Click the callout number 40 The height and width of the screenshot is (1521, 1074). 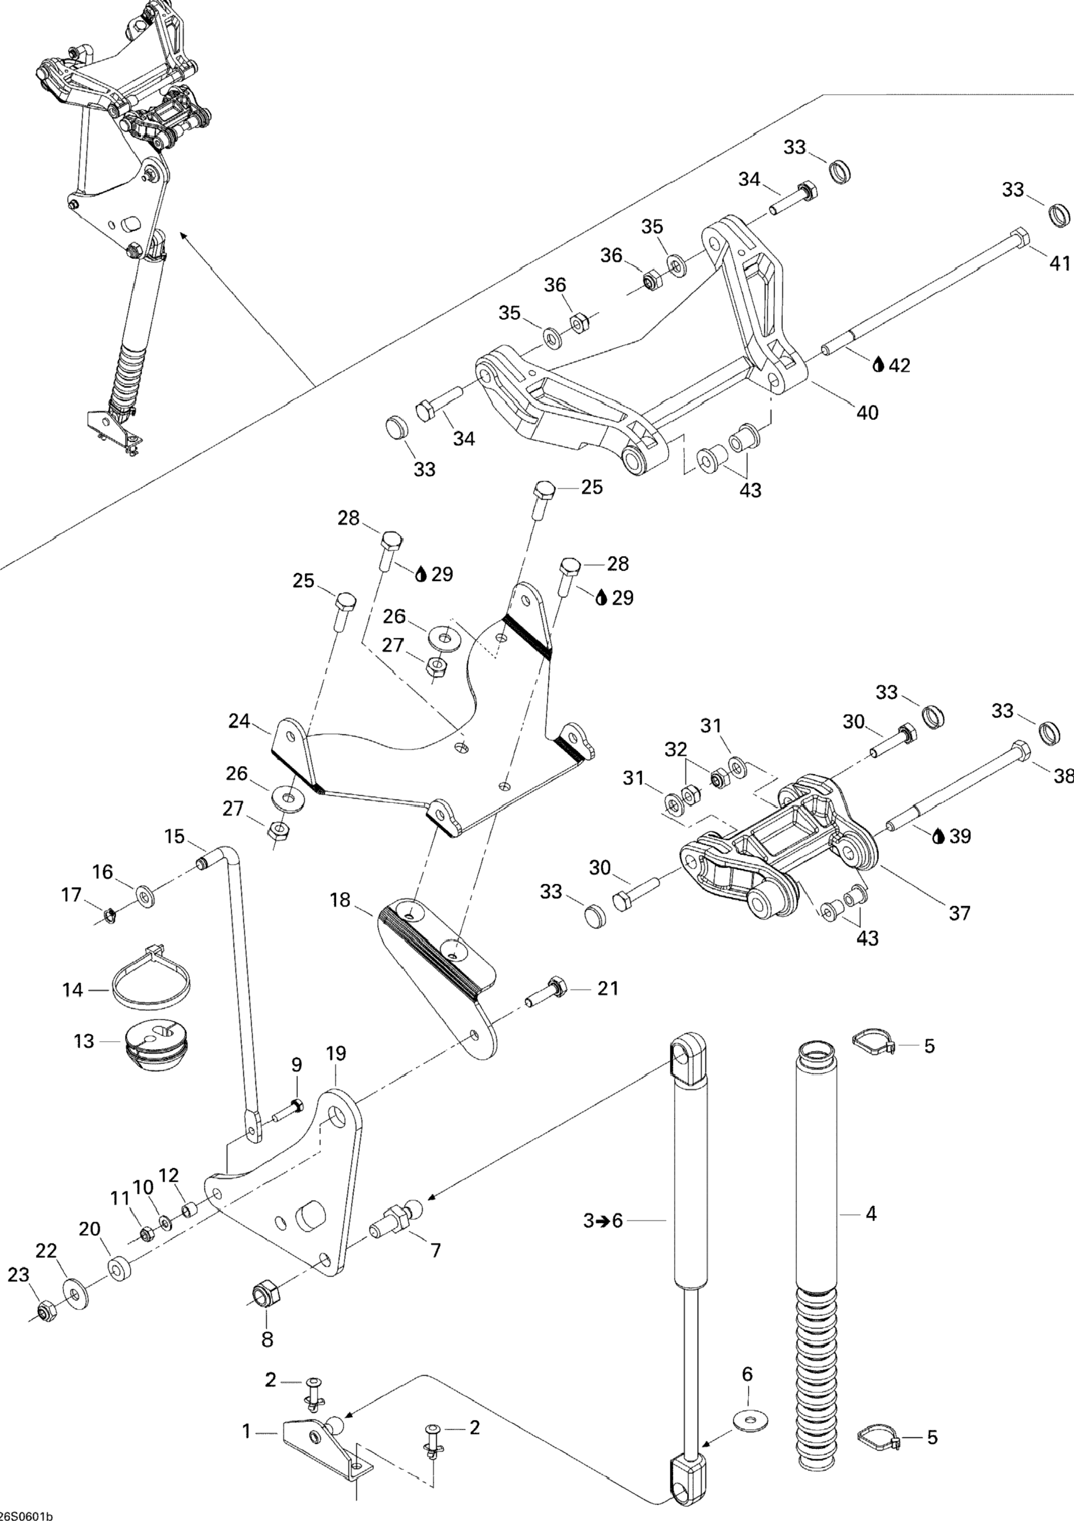tap(867, 413)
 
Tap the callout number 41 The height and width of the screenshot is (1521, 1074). tap(1059, 263)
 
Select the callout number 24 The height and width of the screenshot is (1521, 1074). tap(240, 720)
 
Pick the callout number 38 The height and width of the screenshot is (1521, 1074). tap(1061, 776)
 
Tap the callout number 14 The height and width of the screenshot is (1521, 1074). tap(73, 1008)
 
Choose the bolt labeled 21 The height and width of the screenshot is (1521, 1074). tap(544, 1008)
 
